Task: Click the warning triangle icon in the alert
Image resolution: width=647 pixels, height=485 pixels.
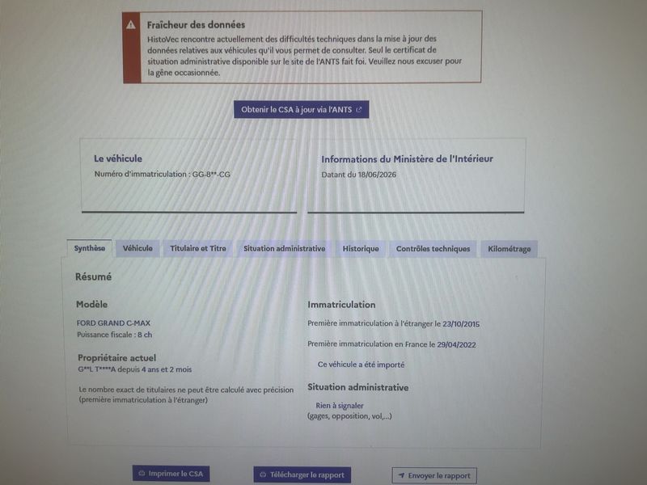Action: coord(131,25)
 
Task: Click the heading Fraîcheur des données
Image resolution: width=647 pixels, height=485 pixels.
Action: coord(196,25)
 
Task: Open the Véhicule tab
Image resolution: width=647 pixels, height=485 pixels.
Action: coord(137,248)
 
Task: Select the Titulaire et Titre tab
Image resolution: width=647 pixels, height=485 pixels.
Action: coord(198,248)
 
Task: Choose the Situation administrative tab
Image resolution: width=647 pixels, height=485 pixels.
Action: coord(285,249)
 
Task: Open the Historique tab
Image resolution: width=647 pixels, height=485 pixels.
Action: coord(361,249)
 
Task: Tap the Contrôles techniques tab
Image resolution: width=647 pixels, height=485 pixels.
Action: coord(433,249)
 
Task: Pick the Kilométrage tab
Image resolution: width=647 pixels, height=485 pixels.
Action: coord(510,249)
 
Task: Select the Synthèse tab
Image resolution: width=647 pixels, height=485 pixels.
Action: coord(90,248)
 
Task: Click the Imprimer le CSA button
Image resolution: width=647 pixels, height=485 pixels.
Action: coord(171,474)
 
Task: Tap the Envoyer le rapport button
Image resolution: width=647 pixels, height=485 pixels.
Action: coord(434,475)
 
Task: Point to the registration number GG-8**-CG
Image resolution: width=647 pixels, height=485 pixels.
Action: coord(211,175)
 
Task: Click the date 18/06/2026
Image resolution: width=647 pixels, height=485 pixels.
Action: coord(377,175)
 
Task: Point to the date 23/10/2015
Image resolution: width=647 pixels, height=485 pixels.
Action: coord(461,324)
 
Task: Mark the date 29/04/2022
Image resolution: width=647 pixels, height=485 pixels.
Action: coord(456,345)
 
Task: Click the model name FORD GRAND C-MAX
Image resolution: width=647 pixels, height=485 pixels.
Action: coord(113,323)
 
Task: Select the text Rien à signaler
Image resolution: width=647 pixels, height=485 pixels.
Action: coord(340,406)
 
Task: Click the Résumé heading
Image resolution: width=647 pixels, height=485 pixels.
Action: coord(93,276)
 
